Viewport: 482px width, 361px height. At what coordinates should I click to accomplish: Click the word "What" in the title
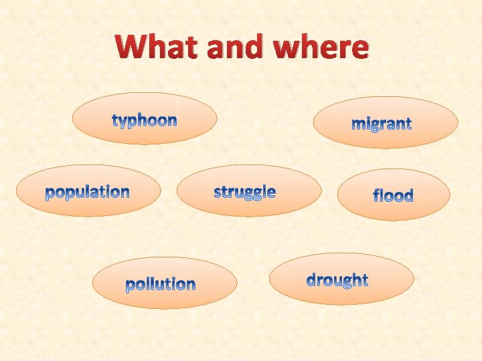click(x=157, y=47)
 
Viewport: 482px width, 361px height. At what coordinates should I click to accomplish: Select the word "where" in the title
click(x=321, y=47)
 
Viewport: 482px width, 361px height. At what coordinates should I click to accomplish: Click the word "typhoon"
click(x=145, y=120)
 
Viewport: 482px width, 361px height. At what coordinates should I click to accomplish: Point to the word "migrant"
click(x=382, y=124)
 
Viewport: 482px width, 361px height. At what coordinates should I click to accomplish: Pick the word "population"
click(x=88, y=193)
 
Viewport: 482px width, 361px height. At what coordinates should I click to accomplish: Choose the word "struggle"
click(x=244, y=193)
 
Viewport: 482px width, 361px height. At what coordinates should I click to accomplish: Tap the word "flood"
click(x=393, y=195)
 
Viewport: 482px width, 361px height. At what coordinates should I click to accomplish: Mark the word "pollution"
click(x=161, y=284)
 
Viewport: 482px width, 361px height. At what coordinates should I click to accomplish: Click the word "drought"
click(x=337, y=279)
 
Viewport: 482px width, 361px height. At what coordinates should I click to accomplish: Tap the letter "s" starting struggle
click(x=218, y=193)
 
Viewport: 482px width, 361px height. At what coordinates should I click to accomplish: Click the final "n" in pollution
click(x=191, y=285)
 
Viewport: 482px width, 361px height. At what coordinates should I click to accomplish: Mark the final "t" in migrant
click(x=408, y=124)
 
